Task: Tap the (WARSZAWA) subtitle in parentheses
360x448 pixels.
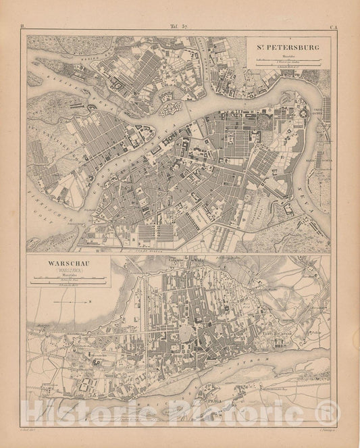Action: [66, 272]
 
